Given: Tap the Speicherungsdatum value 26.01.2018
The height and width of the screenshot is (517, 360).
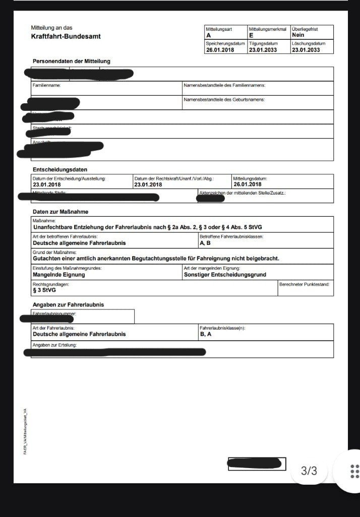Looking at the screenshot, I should (x=220, y=50).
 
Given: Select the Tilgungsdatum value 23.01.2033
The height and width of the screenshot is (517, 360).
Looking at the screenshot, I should (x=262, y=50).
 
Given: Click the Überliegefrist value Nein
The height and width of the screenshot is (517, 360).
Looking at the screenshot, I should (x=298, y=35).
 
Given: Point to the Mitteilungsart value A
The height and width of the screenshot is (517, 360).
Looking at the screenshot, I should (x=209, y=36).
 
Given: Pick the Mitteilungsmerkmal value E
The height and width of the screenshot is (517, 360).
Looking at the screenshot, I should (x=251, y=36).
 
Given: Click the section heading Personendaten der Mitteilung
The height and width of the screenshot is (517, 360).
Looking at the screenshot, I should (x=71, y=61).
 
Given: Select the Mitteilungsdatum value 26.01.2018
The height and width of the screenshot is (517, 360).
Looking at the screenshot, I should (x=247, y=184).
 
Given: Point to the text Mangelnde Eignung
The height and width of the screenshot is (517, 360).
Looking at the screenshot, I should (x=59, y=275).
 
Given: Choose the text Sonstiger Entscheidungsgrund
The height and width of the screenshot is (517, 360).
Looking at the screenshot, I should (x=225, y=275).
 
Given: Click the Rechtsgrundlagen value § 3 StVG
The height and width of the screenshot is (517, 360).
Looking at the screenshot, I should (x=44, y=290).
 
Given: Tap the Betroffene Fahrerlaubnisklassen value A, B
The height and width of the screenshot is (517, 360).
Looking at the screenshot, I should (x=206, y=243).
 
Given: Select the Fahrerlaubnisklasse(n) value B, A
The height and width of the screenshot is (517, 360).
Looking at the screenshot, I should (x=206, y=334).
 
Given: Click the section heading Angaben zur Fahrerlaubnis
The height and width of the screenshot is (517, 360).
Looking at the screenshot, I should (x=69, y=305).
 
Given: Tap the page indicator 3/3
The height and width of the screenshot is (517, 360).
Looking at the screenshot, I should (x=309, y=471).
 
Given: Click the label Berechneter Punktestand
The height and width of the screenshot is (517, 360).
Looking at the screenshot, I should (x=305, y=284).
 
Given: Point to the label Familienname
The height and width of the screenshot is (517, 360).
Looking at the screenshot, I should (x=46, y=86).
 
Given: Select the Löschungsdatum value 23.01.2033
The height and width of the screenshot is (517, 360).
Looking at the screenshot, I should (x=306, y=50).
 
